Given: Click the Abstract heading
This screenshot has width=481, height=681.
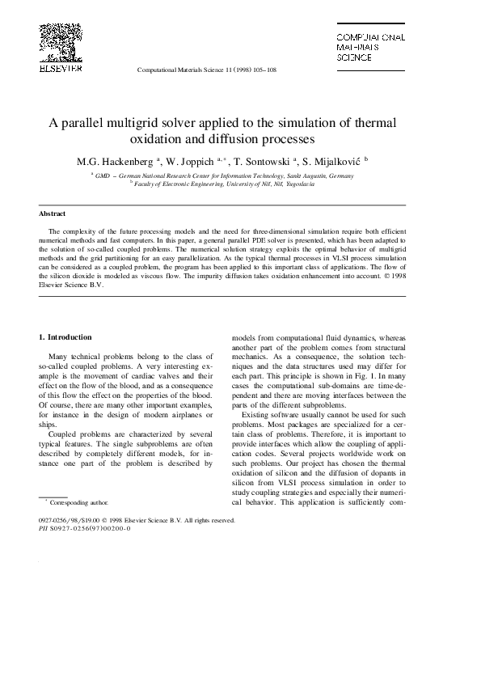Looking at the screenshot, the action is point(53,214).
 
